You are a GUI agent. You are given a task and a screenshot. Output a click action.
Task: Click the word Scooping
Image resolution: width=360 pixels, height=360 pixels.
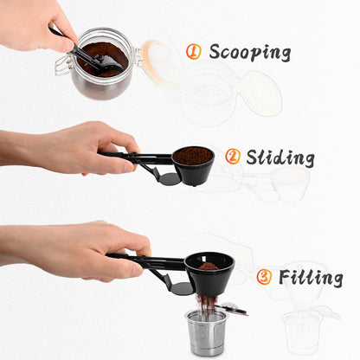(250, 52)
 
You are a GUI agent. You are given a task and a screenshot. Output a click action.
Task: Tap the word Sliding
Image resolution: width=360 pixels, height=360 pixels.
(280, 157)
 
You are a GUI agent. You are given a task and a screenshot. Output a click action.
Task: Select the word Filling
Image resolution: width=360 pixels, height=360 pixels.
(310, 278)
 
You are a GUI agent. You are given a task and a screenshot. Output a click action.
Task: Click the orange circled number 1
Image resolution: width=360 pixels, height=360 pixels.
(194, 52)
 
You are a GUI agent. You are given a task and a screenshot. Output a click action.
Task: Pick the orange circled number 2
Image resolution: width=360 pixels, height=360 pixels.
(232, 157)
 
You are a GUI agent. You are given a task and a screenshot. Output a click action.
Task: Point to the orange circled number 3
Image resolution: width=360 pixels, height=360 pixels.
(264, 277)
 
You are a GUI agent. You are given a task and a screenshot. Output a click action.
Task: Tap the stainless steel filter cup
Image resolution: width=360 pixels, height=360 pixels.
(206, 334)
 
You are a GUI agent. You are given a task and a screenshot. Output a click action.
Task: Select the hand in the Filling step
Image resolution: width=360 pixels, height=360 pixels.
(74, 251)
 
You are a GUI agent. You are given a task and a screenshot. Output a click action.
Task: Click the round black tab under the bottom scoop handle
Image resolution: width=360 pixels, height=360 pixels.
(181, 287)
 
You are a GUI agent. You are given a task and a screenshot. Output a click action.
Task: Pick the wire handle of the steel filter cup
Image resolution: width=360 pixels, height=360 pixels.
(233, 308)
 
